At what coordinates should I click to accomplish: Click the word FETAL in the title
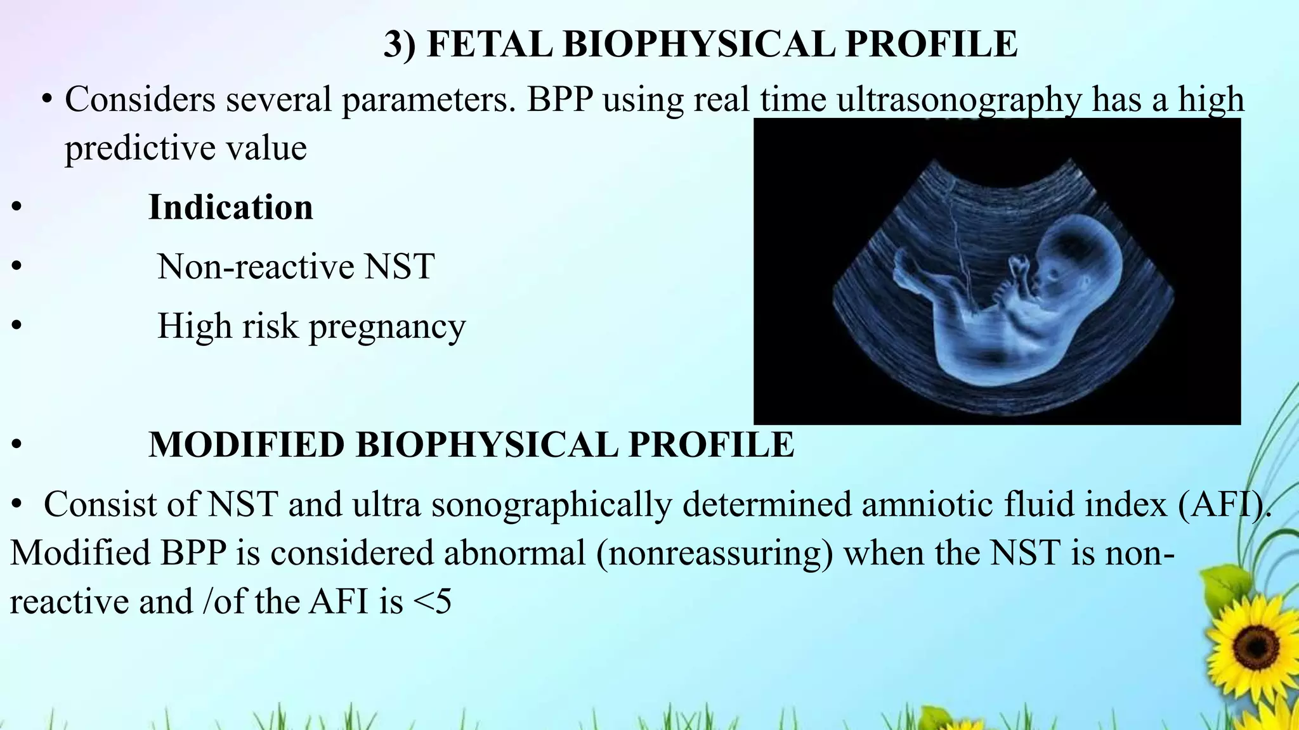click(x=489, y=44)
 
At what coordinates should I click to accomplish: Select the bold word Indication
click(x=230, y=207)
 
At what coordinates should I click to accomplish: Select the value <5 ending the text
click(x=432, y=601)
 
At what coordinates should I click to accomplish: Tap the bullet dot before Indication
click(x=17, y=207)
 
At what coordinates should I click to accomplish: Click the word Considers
click(x=140, y=100)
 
